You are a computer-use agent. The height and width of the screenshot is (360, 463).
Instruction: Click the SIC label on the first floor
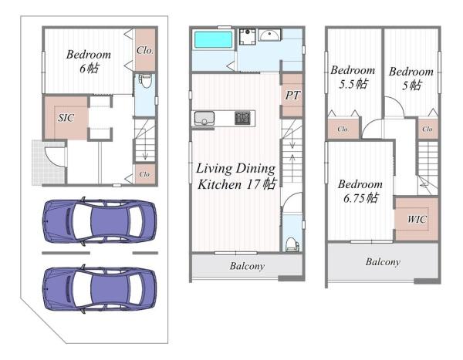coord(66,118)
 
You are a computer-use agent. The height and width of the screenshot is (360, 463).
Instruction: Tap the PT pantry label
coord(292,95)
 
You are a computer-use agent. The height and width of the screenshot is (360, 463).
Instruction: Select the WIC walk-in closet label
coord(417,219)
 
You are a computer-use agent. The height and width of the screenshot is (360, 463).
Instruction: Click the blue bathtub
coord(213,40)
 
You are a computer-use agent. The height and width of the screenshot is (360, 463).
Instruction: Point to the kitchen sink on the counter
coord(204,118)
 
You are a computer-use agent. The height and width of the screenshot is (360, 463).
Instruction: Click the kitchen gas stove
coord(242,118)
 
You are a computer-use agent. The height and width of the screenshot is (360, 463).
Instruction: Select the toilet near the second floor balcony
coord(292,244)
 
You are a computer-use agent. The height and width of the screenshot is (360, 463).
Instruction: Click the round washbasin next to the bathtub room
coord(269,35)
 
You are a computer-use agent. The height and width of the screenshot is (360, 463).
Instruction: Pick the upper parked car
coord(100,221)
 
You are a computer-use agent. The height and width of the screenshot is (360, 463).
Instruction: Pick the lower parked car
coord(100,288)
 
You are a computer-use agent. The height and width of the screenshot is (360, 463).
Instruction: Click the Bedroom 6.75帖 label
coord(360,191)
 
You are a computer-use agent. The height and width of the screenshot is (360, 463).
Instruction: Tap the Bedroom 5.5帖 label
coord(353,77)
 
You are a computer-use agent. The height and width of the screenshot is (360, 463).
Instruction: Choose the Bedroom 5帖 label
coord(411,79)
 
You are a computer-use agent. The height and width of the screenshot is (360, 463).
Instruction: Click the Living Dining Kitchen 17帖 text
coord(236,177)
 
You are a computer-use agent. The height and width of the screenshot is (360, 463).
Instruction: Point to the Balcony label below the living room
coord(247,266)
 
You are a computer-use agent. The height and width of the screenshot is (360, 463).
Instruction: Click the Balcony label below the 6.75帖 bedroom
coord(383,262)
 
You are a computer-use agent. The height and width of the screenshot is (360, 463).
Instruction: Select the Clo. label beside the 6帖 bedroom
coord(145,50)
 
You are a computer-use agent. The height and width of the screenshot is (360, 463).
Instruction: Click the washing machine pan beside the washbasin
coord(247,36)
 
